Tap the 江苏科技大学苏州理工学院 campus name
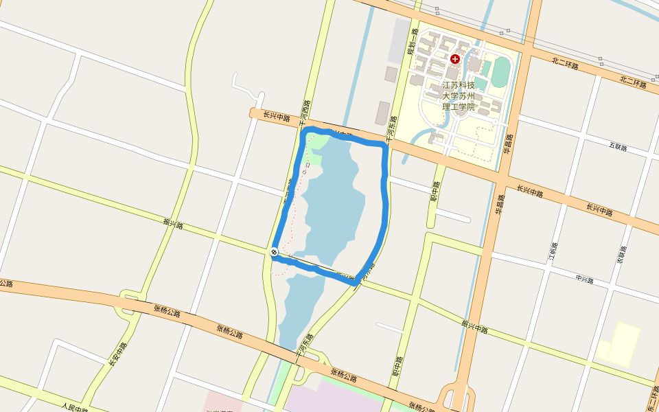458,96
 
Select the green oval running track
500,71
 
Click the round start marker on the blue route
274,253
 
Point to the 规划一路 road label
412,41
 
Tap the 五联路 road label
618,146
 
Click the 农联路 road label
621,255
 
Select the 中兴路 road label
584,279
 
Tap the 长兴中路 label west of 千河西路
277,117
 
